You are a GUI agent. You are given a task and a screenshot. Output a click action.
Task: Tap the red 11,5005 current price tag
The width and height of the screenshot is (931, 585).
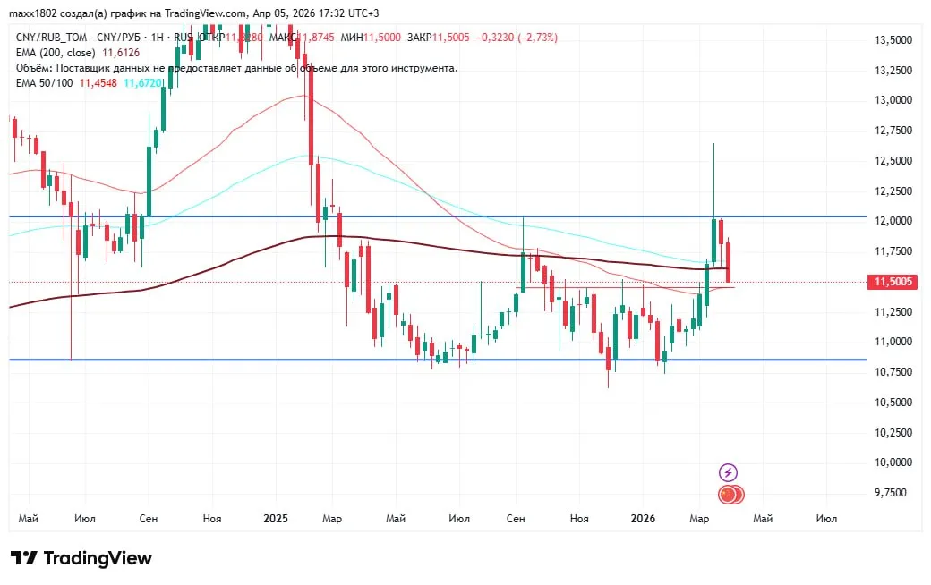pos(892,282)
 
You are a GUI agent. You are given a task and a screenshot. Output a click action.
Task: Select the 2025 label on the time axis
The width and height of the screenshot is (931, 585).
pos(276,519)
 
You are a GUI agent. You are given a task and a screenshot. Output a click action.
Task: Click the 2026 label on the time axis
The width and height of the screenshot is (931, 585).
pos(643,519)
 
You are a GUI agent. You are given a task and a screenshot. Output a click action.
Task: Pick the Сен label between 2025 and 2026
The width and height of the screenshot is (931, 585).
pos(516,519)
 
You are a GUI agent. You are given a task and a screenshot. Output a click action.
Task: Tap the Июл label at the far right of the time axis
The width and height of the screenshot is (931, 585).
pos(826,519)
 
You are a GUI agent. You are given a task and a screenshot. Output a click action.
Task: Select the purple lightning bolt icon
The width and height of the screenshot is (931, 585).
pos(728,472)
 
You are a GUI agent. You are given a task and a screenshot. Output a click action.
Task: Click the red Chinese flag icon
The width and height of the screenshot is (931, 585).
pos(727,494)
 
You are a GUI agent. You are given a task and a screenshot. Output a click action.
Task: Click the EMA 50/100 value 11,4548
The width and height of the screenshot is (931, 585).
pos(98,82)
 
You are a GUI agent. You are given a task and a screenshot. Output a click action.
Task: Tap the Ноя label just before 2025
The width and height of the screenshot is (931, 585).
pos(212,519)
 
